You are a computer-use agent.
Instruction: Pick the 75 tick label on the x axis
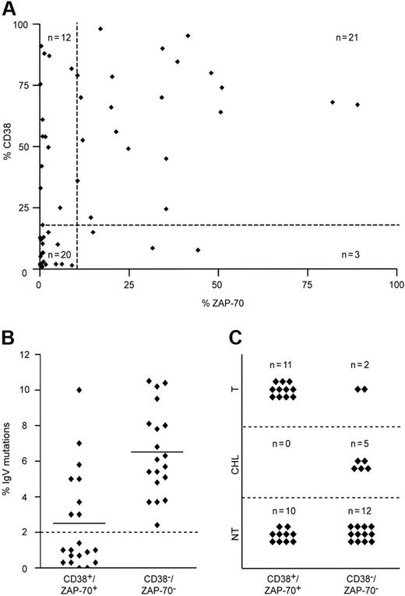point(308,285)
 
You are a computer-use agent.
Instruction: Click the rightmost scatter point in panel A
point(357,105)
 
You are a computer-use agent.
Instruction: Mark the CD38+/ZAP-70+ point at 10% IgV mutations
point(78,390)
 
